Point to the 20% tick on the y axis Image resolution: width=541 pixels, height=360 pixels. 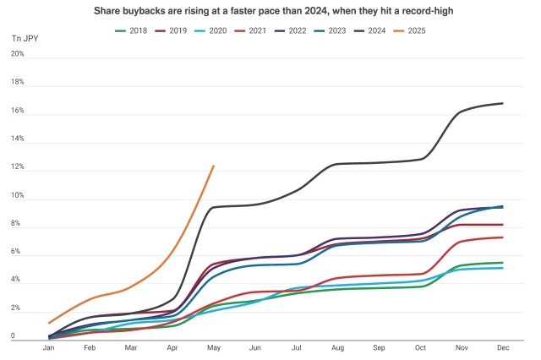17,54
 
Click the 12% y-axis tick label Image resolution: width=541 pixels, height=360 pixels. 17,167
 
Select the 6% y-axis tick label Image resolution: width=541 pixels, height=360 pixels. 17,253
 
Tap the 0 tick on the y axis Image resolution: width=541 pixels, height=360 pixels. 12,337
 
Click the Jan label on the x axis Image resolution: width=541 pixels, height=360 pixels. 49,347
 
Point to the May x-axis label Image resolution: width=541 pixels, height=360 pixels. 213,347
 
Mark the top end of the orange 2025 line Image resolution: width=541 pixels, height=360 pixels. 213,166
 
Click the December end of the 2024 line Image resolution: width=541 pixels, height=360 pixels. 503,103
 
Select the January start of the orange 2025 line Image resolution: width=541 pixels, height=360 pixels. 49,323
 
